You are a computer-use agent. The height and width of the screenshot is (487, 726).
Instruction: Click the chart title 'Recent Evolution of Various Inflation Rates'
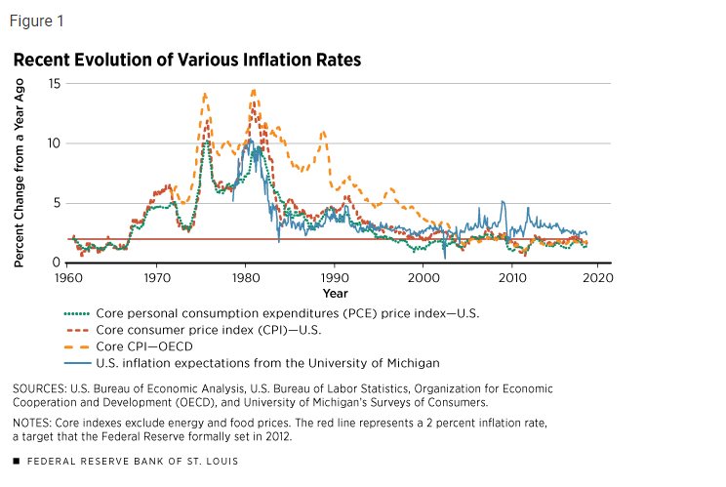[x=186, y=61]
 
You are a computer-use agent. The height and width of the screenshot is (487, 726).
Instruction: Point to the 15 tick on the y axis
[x=54, y=84]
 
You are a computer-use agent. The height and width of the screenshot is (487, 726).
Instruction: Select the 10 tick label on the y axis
[x=54, y=143]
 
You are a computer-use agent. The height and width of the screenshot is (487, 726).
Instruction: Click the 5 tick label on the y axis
[x=57, y=203]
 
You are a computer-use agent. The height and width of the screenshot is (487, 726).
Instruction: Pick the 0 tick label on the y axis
[x=57, y=263]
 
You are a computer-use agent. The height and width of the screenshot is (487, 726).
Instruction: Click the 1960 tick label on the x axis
[x=67, y=278]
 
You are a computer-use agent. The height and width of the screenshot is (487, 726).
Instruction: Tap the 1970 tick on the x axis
[x=156, y=278]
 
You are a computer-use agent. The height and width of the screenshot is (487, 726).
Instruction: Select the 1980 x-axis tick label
[x=245, y=278]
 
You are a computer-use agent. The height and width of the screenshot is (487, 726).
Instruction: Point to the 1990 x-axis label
[x=335, y=278]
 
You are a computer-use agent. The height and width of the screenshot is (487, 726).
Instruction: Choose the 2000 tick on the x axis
[x=423, y=278]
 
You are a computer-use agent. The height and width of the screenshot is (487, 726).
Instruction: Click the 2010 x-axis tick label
[x=512, y=278]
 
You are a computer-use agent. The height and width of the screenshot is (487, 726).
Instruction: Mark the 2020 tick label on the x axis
[x=598, y=278]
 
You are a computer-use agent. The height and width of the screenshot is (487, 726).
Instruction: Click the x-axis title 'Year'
[x=335, y=293]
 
